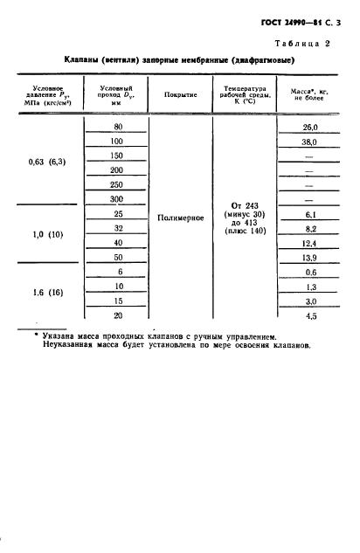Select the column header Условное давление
pos(52,93)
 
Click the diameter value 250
pos(116,184)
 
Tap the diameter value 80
pos(116,128)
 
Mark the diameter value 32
pos(116,227)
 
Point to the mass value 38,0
pos(308,142)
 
